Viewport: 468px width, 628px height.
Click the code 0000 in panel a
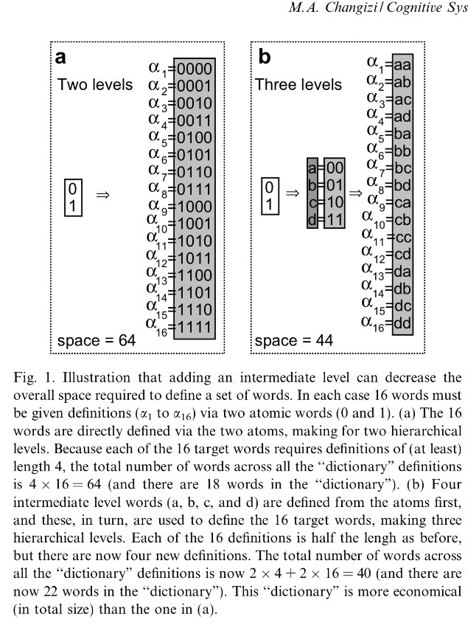[x=195, y=69]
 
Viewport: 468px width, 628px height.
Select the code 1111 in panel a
[x=195, y=327]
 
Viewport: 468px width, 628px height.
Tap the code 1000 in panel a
[x=195, y=207]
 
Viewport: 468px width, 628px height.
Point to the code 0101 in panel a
[x=195, y=155]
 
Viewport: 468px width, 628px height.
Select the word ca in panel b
[x=403, y=201]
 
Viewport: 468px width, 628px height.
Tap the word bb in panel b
[x=403, y=151]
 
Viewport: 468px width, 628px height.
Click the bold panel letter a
[x=63, y=56]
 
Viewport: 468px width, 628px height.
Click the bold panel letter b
[x=264, y=56]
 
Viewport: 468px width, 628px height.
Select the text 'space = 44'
[x=293, y=341]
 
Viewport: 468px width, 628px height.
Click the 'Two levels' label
[x=95, y=84]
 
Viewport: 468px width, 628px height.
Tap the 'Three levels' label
[x=298, y=84]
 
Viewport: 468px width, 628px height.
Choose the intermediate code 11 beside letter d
[x=335, y=218]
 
